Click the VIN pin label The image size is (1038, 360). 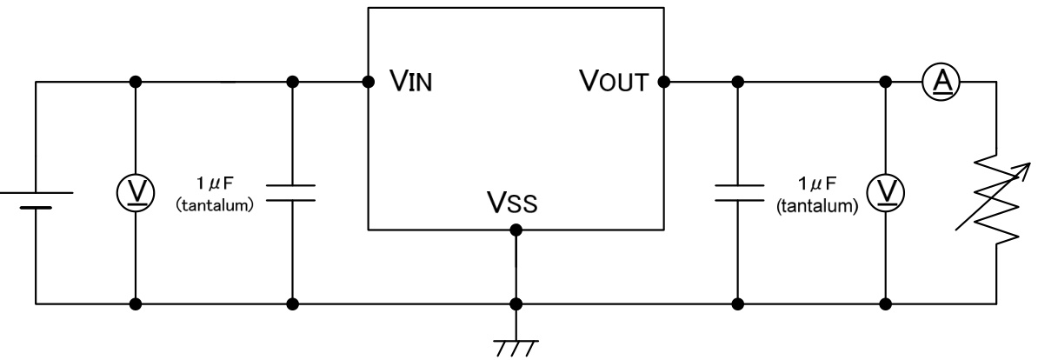409,83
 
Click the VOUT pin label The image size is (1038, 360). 615,83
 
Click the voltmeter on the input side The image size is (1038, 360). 136,193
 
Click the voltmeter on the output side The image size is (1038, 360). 887,193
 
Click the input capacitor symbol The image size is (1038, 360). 292,193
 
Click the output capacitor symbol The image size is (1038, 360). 737,193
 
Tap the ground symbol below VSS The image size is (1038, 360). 516,344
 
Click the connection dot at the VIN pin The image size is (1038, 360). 369,83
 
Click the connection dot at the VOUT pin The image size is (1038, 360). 663,83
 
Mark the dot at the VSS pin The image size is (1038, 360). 516,230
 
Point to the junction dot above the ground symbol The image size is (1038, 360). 516,304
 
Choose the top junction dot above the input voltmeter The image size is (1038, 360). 136,83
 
